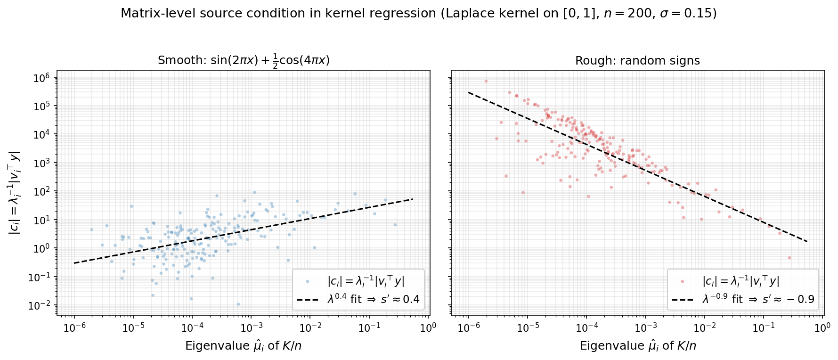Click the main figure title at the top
(x=418, y=14)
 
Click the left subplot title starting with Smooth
(x=243, y=61)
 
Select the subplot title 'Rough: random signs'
(x=637, y=61)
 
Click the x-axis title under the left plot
(x=243, y=346)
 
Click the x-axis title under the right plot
(x=637, y=346)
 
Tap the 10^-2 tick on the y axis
(x=41, y=305)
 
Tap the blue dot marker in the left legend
(x=308, y=281)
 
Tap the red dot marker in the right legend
(x=683, y=281)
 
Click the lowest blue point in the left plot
(x=238, y=304)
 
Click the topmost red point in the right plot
(x=486, y=81)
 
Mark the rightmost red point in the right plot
(x=789, y=258)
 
